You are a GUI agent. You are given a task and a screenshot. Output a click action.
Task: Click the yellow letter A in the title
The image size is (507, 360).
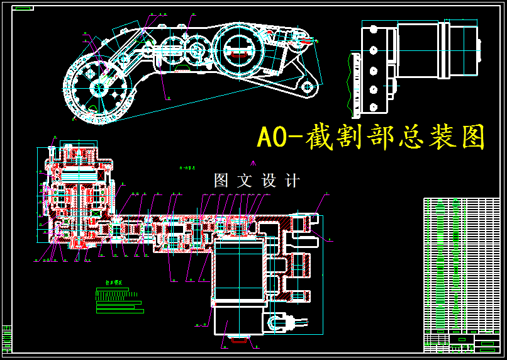coord(264,138)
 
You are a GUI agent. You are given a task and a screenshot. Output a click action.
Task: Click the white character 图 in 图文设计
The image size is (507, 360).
coord(221,181)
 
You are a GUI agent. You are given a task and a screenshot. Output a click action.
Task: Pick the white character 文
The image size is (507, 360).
coord(244,181)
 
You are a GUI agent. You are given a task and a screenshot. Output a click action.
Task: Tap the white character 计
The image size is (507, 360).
coord(292,181)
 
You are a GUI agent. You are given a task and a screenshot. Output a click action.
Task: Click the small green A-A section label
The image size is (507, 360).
coord(187,169)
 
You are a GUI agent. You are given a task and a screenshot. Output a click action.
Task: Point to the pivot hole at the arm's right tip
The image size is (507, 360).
coord(308,86)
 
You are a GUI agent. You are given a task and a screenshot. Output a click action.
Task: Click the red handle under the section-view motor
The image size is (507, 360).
coord(240,340)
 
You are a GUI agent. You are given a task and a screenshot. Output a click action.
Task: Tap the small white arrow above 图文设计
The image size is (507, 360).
coord(254,163)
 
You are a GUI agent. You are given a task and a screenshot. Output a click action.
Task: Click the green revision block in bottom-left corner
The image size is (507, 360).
coord(7,339)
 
